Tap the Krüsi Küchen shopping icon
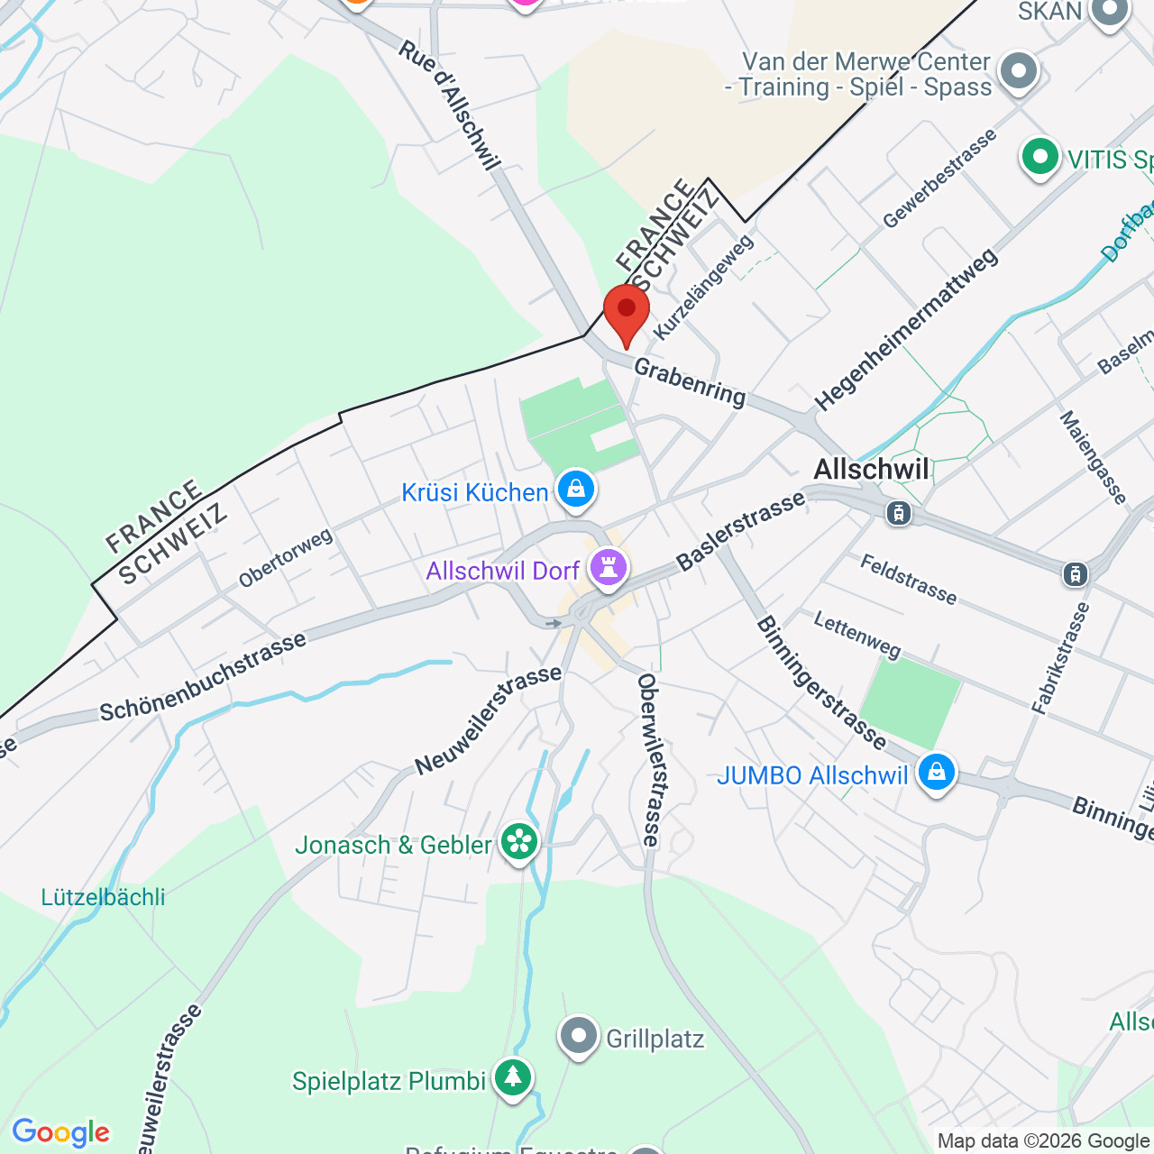pos(576,490)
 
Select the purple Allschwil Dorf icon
pos(609,569)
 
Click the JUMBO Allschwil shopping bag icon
pos(937,773)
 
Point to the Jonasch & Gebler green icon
pos(519,842)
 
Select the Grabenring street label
pos(690,382)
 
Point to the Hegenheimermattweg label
pos(906,329)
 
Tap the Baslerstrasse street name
pos(740,531)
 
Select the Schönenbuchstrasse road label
pos(203,677)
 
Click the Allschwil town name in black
pos(871,469)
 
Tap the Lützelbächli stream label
pos(103,897)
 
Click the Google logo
pos(60,1131)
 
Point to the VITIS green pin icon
pos(1040,158)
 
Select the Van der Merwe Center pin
pos(1020,71)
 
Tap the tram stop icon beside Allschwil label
pos(898,513)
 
